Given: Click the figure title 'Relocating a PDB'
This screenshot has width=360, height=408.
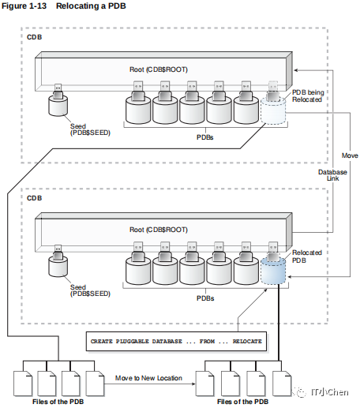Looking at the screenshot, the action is [91, 6].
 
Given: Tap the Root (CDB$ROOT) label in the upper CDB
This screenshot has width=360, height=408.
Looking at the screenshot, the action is [159, 69].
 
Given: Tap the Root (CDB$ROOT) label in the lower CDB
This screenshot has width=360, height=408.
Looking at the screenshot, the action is [159, 230].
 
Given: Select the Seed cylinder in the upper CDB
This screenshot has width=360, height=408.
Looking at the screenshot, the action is [58, 105].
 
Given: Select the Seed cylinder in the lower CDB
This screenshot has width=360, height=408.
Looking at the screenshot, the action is [58, 266].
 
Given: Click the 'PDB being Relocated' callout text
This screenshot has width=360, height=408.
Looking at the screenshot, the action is [308, 96].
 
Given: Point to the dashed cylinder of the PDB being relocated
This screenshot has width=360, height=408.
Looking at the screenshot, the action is [273, 110].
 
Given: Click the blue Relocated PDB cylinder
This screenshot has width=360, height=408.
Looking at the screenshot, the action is [273, 271].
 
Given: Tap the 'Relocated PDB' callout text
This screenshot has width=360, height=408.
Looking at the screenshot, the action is [307, 256].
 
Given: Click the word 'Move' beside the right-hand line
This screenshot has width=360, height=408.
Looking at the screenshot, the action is [350, 155].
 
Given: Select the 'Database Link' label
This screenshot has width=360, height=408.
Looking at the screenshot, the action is [332, 175].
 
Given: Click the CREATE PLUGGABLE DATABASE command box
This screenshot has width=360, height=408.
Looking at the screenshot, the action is [176, 342].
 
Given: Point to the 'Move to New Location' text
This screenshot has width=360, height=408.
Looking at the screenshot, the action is [148, 378].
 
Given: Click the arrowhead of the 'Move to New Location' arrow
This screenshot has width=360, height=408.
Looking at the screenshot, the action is [193, 384].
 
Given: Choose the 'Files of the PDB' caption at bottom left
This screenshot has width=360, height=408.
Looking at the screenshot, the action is [58, 402].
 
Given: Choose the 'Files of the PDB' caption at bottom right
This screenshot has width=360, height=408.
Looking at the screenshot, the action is [242, 402].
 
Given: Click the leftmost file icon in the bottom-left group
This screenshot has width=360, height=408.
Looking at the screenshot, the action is [23, 384].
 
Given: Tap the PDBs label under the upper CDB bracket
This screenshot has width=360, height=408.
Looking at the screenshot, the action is [205, 137].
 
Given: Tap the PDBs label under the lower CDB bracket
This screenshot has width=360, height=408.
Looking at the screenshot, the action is [205, 298].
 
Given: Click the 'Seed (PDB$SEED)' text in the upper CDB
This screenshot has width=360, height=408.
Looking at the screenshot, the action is [90, 129].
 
